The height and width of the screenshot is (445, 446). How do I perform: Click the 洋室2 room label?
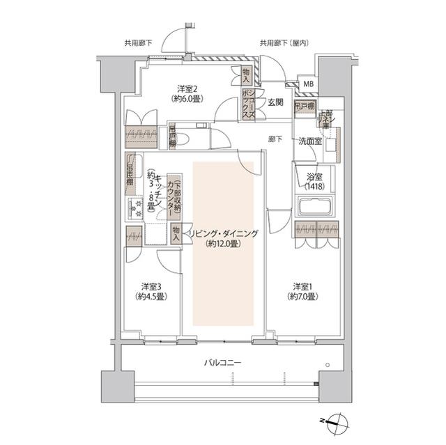188,88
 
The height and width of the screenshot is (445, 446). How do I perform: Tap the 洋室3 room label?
151,286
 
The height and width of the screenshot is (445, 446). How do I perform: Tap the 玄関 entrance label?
275,102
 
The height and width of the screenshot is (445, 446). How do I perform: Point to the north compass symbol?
339,420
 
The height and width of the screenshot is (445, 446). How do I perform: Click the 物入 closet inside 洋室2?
246,72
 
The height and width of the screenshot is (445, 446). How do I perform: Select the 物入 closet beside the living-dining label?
176,234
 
